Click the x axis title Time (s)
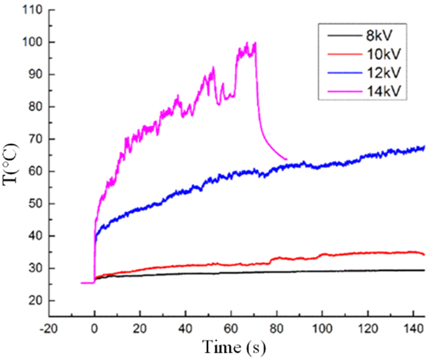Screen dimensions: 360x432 pyautogui.click(x=228, y=347)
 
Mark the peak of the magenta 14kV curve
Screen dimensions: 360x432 pyautogui.click(x=247, y=43)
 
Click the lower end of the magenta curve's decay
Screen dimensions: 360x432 pyautogui.click(x=286, y=159)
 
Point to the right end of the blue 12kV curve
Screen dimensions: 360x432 pyautogui.click(x=425, y=147)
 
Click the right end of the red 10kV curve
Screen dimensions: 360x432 pyautogui.click(x=425, y=254)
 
